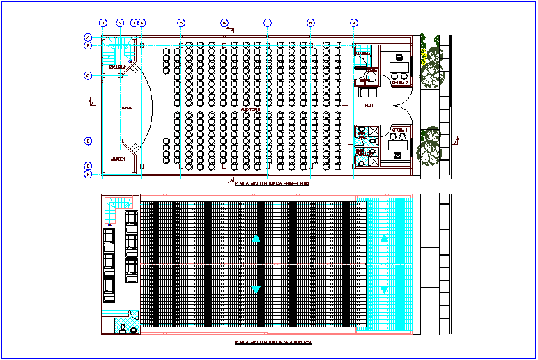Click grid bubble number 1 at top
(102, 23)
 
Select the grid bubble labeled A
(88, 37)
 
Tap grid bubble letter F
(88, 174)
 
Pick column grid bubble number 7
(267, 23)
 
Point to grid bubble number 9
(354, 23)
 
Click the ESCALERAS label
(116, 68)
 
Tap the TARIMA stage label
(126, 108)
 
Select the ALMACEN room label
(118, 159)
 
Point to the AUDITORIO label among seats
(250, 109)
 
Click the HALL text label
(369, 106)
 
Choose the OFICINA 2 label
(399, 83)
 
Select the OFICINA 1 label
(399, 130)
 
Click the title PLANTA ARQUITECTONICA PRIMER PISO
(272, 184)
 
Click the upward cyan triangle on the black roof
(256, 238)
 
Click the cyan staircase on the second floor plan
(118, 203)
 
